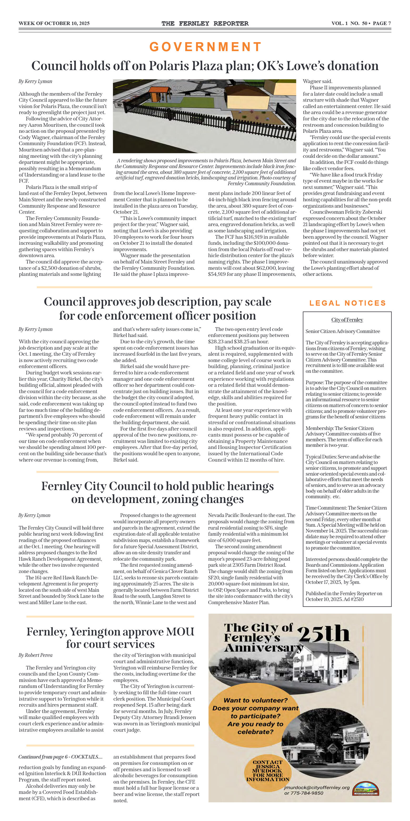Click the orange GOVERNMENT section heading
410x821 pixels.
coord(205,47)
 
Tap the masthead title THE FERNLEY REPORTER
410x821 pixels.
coord(205,23)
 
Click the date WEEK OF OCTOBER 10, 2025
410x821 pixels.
coord(54,23)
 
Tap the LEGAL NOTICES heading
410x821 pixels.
coord(347,303)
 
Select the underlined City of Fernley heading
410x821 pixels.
coord(347,320)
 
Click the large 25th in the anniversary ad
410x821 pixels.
coord(324,633)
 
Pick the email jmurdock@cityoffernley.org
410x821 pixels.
coord(317,788)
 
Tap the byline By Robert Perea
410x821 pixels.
coord(35,655)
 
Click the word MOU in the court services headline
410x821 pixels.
coord(180,632)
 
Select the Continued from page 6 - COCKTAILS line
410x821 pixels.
coord(61,757)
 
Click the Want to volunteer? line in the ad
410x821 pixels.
coord(255,700)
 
